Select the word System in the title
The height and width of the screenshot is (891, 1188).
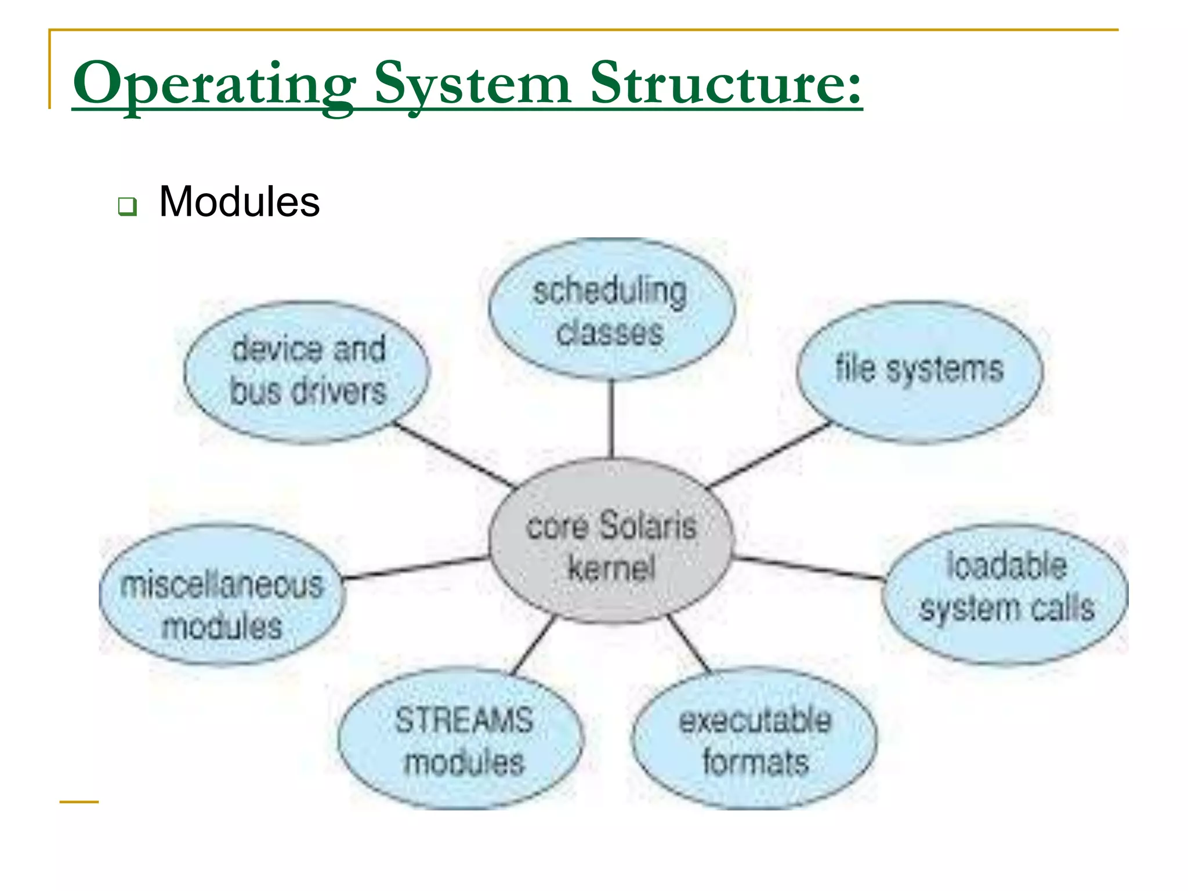[473, 84]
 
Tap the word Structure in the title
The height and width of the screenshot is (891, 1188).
[725, 84]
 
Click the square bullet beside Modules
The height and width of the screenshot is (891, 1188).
[127, 206]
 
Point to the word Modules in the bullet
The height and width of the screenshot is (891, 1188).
[239, 202]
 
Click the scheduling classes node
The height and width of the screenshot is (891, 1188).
[611, 310]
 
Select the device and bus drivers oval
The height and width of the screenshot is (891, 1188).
[307, 371]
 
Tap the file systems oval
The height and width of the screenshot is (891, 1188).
[919, 371]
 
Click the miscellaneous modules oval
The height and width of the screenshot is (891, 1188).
[222, 594]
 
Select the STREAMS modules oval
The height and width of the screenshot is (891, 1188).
[462, 739]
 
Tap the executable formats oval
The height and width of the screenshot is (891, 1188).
[754, 739]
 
